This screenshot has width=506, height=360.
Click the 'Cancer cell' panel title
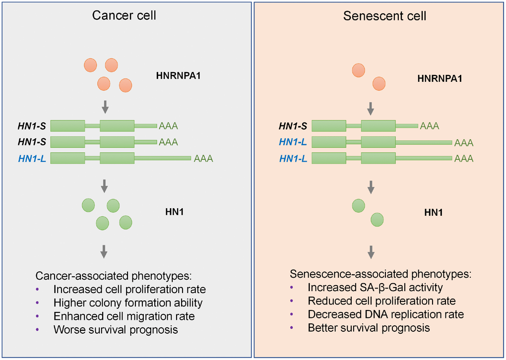125,15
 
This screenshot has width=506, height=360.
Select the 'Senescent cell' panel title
384,16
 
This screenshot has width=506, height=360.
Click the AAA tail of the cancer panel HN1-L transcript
203,159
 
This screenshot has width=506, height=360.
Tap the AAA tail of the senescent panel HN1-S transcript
429,126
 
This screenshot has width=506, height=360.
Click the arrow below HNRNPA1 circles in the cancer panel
104,106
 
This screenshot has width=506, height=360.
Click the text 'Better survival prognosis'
369,328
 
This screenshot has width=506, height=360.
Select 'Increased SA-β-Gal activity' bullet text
375,288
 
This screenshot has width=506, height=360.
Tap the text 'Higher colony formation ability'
127,302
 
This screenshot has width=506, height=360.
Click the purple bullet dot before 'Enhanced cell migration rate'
38,316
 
